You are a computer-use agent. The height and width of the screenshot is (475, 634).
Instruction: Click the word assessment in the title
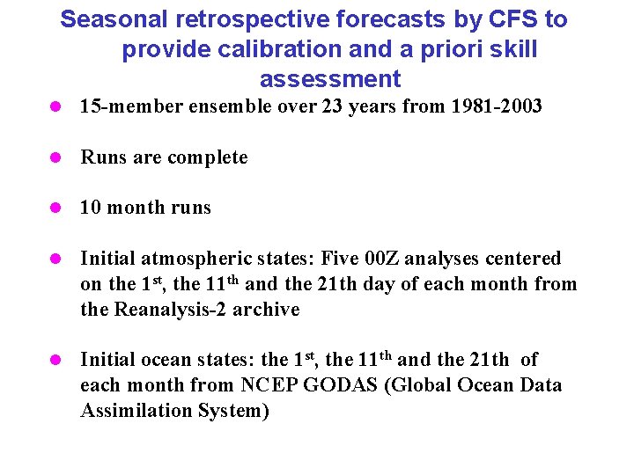(330, 80)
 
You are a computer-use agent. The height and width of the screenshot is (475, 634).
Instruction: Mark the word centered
(523, 259)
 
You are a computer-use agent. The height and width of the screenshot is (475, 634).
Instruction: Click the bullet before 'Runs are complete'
(56, 158)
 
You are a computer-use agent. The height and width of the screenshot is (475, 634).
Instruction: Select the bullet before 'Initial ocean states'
(56, 360)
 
